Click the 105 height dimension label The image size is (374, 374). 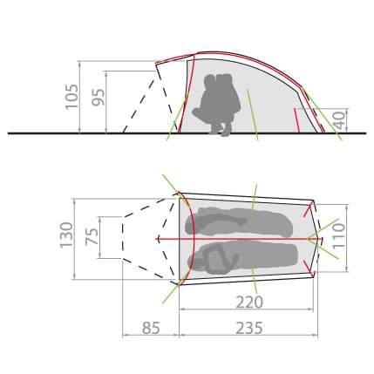click(71, 97)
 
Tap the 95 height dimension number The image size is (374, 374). click(99, 97)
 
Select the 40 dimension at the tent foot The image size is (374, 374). click(339, 120)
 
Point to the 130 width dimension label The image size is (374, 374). click(66, 235)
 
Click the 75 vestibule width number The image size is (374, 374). click(92, 236)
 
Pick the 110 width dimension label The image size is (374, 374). click(339, 235)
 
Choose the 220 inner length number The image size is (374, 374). click(249, 303)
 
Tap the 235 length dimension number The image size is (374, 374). click(249, 328)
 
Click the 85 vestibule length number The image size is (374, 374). click(151, 328)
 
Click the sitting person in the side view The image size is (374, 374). click(216, 104)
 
